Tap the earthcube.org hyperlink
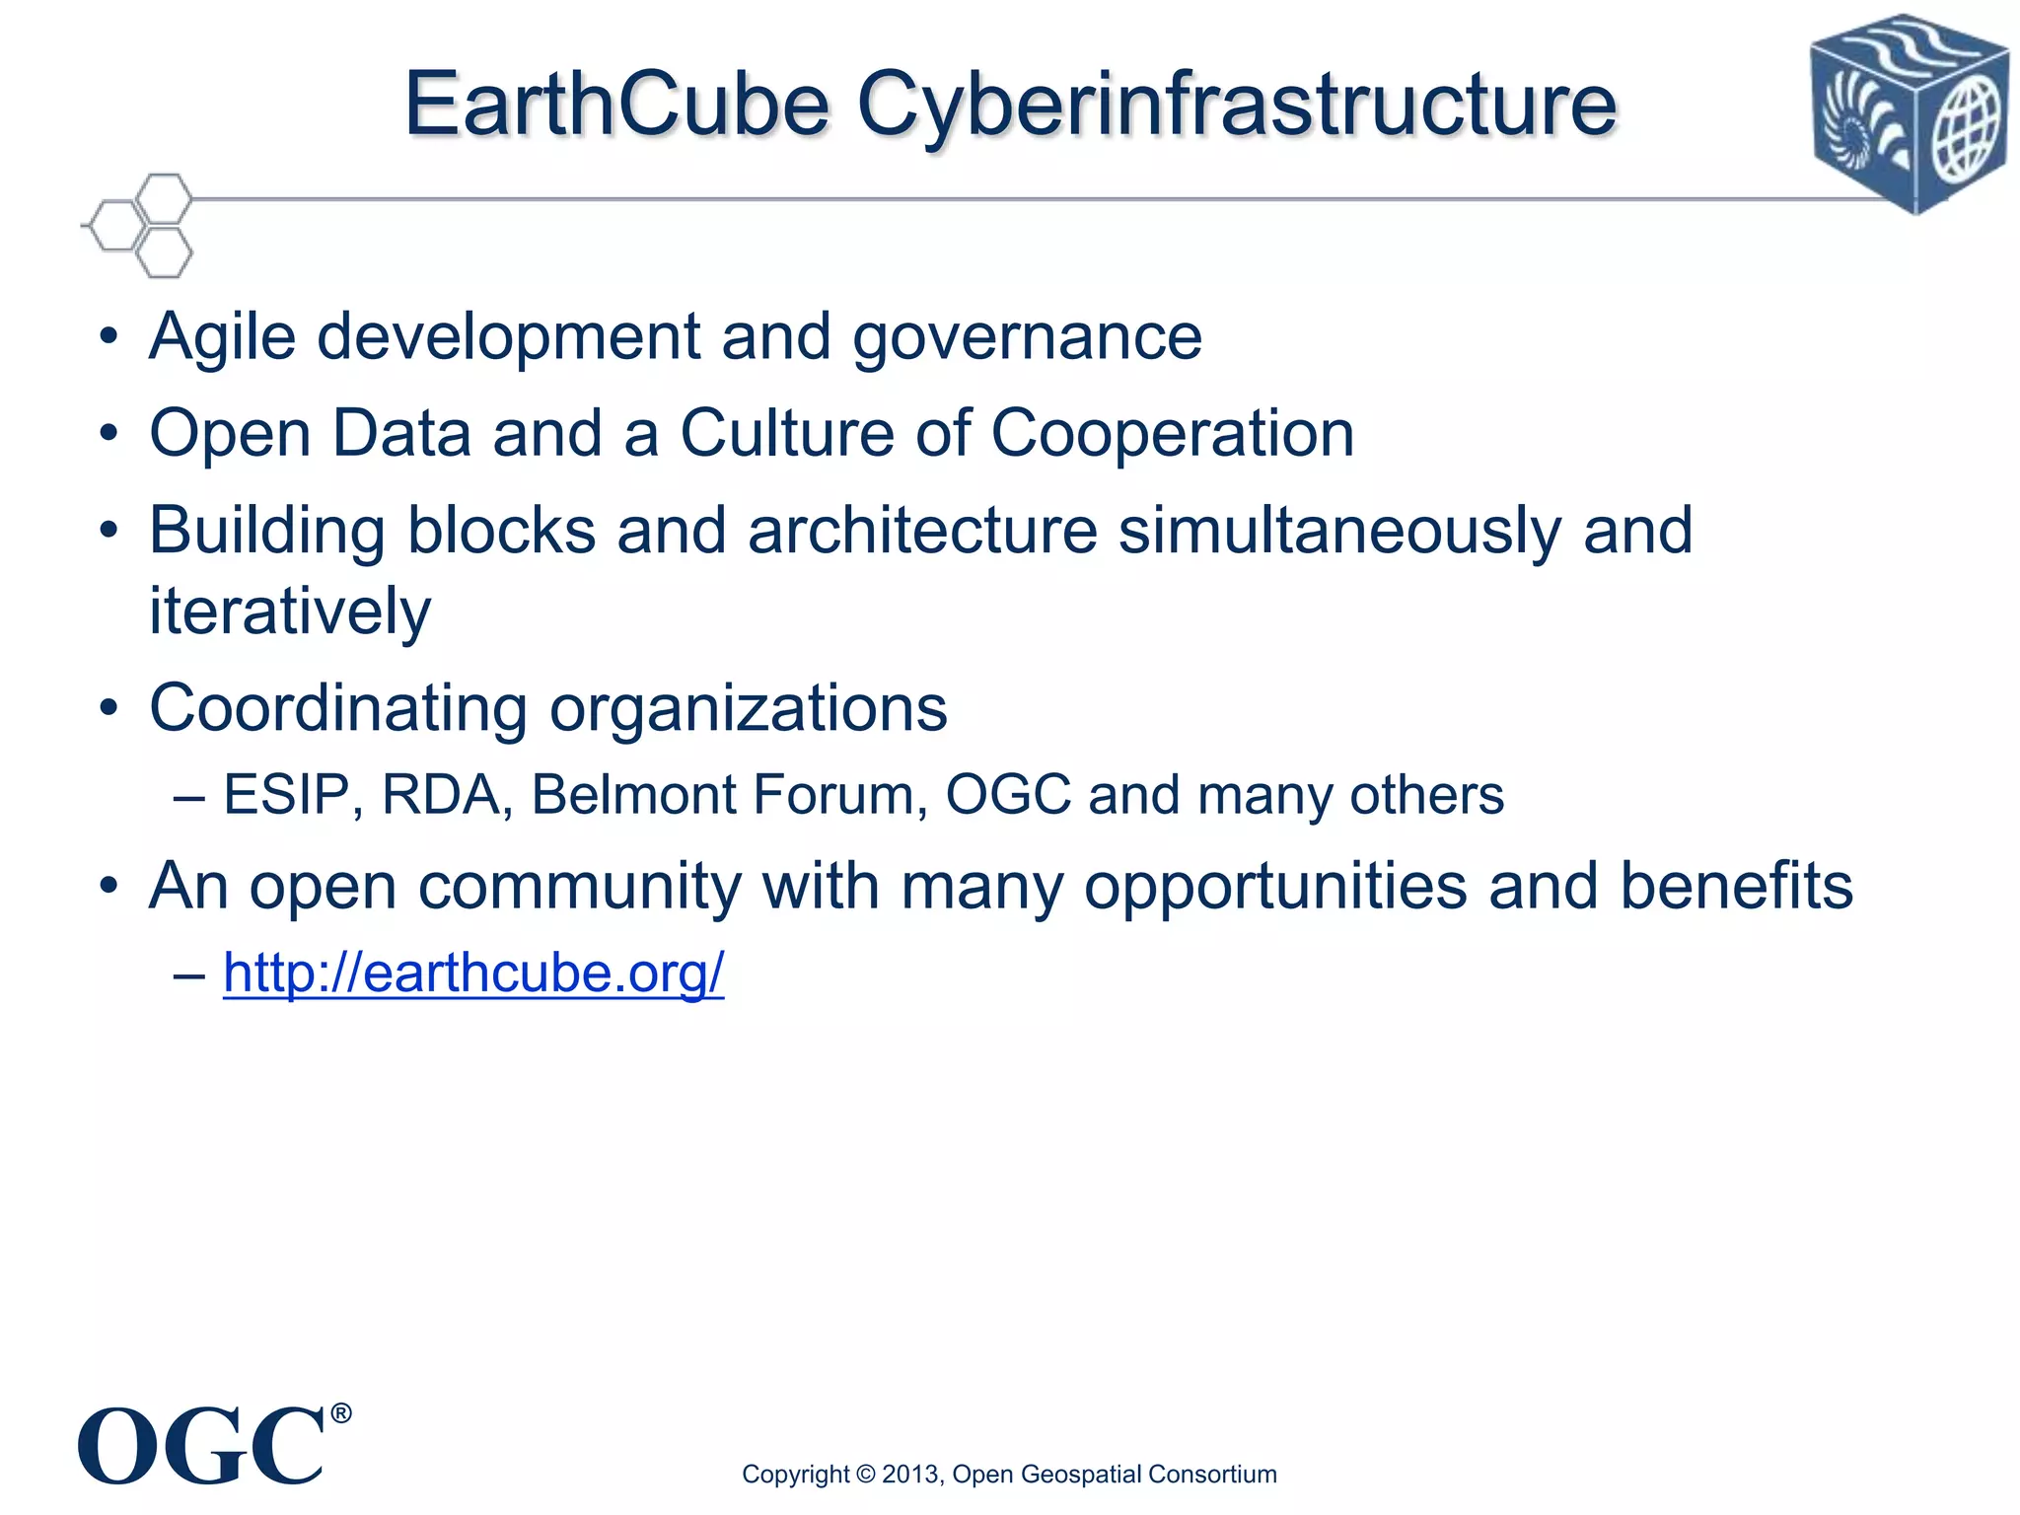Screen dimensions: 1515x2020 click(473, 973)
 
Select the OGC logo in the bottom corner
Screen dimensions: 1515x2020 click(201, 1446)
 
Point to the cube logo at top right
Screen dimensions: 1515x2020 click(1910, 112)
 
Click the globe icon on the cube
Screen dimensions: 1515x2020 click(1967, 132)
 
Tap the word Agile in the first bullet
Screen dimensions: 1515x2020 click(222, 337)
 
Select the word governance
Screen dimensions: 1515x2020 click(1027, 337)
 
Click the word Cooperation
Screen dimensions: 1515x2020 click(1172, 434)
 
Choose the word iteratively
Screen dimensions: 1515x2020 click(290, 612)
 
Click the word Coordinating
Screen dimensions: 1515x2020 click(338, 708)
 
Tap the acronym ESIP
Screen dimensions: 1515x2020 click(287, 795)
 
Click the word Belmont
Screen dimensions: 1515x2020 click(633, 795)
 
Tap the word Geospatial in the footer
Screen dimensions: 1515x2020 click(1081, 1475)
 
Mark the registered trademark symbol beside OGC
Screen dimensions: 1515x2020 click(340, 1413)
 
